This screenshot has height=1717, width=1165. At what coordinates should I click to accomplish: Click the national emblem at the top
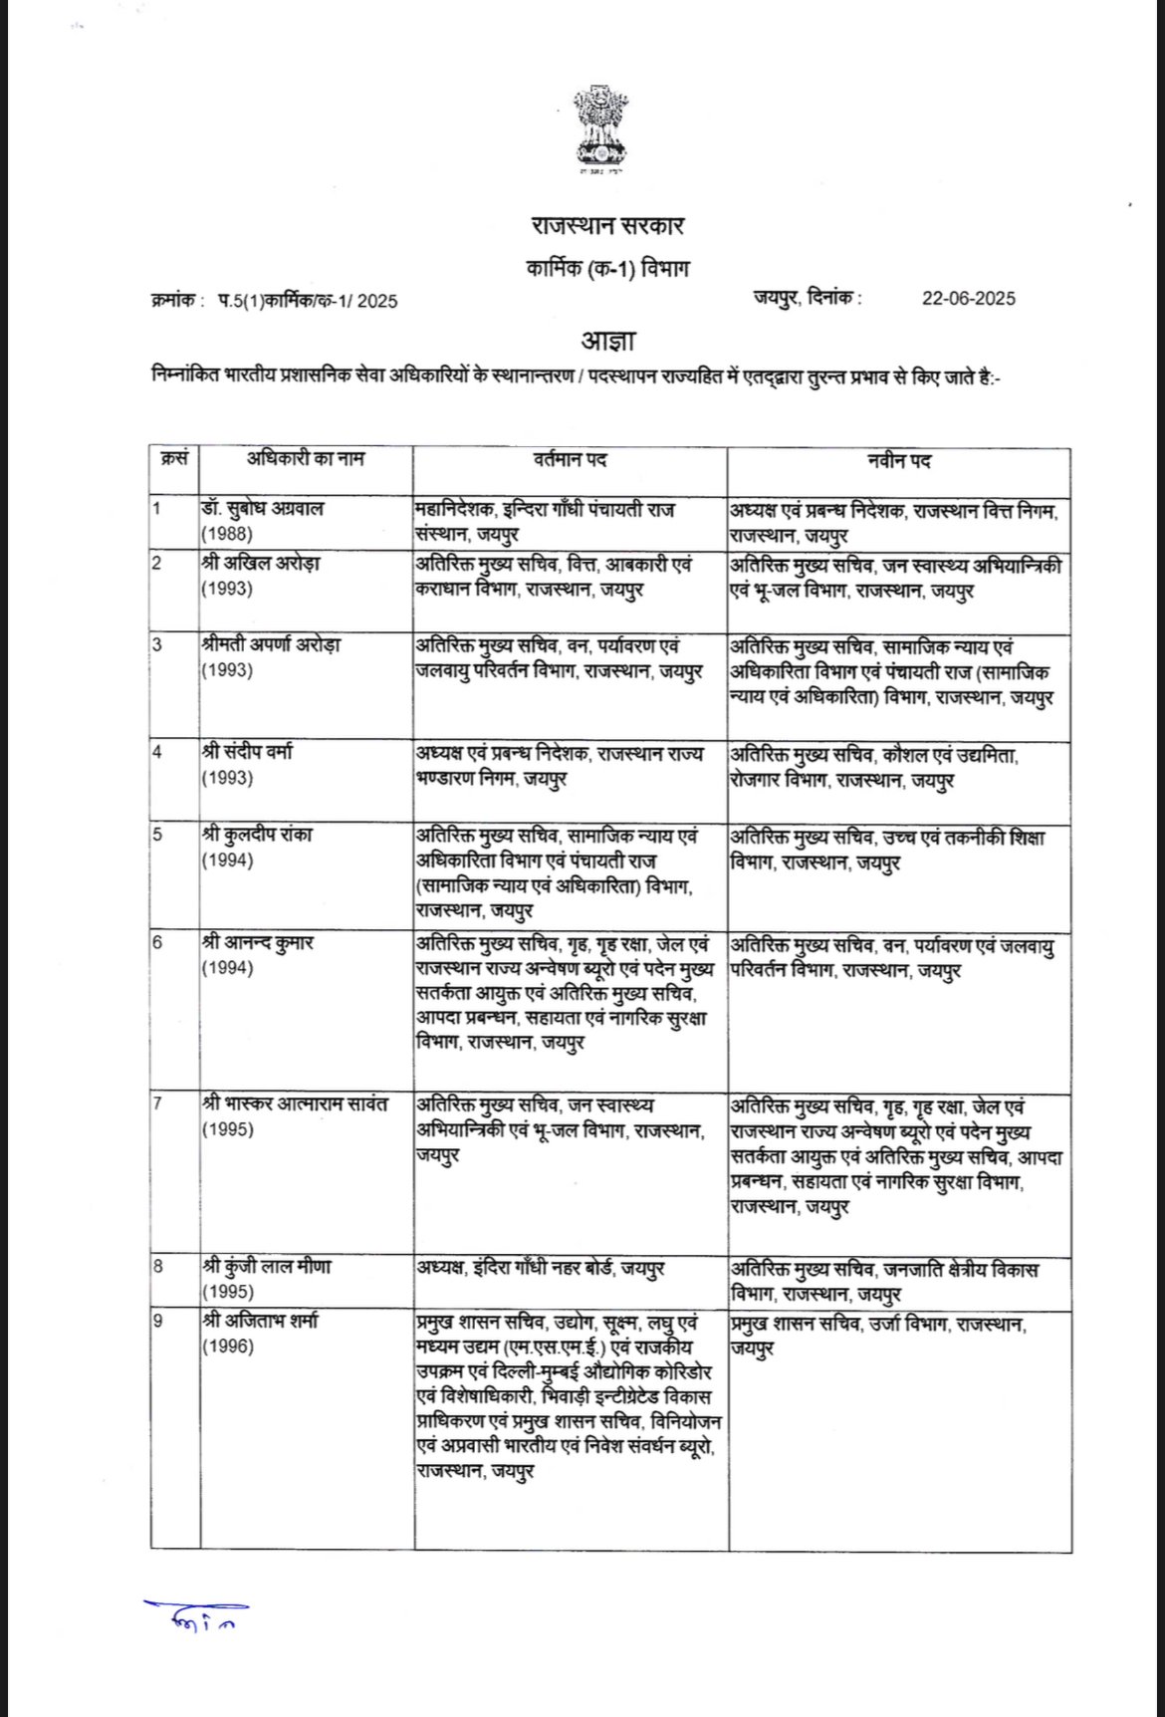(x=600, y=126)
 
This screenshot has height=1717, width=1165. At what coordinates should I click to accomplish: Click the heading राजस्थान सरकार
(x=607, y=226)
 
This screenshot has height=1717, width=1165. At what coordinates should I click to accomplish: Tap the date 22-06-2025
(x=968, y=299)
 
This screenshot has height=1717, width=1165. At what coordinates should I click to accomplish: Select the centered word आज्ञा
(x=607, y=342)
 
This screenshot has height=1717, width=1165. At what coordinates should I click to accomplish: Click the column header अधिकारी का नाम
(x=307, y=459)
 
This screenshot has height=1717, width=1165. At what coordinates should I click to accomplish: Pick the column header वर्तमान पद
(x=570, y=460)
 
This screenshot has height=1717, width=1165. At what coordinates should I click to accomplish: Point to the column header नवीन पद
(x=898, y=461)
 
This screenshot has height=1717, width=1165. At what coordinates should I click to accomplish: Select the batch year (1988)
(x=227, y=534)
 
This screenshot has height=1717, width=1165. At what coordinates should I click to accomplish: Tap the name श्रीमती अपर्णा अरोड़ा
(x=271, y=644)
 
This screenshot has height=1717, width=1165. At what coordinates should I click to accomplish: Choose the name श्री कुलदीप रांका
(x=257, y=835)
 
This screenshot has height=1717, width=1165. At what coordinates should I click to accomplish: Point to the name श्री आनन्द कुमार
(x=257, y=942)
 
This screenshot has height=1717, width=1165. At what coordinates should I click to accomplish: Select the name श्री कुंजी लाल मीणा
(x=267, y=1267)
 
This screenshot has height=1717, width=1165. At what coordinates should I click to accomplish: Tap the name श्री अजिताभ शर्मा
(x=260, y=1322)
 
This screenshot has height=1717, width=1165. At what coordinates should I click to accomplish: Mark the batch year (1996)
(x=227, y=1347)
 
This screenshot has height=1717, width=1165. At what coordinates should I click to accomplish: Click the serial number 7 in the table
(x=157, y=1104)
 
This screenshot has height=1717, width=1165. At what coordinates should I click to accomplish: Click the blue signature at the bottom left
(x=196, y=1616)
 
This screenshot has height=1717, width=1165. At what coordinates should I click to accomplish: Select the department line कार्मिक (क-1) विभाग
(x=607, y=269)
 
